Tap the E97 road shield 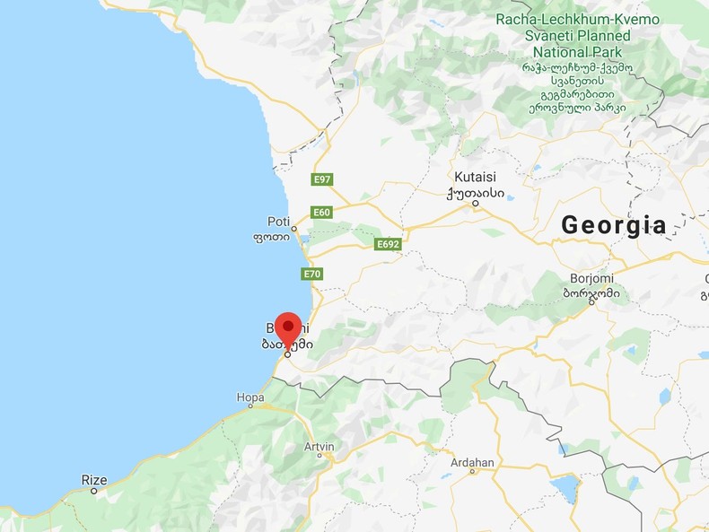point(322,179)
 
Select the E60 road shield point(321,213)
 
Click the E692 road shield point(388,244)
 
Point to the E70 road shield point(311,275)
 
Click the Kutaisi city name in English point(475,177)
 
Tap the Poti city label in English point(278,222)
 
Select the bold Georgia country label point(614,225)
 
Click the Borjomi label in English point(591,278)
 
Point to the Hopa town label point(250,397)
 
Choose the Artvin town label point(319,446)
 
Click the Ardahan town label point(472,463)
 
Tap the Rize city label point(94,480)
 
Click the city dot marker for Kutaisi point(476,204)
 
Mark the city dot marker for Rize point(93,492)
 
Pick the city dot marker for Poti point(293,229)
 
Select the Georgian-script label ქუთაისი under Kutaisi point(475,192)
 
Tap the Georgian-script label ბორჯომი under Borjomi point(591,292)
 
